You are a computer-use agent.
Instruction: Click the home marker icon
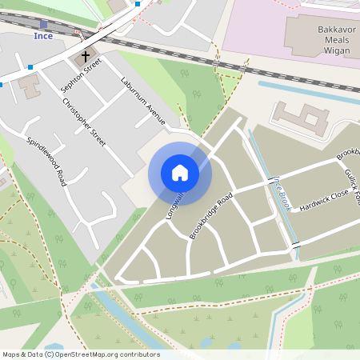click(x=179, y=173)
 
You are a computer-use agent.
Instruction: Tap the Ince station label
click(x=43, y=36)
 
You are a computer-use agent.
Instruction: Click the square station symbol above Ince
click(x=43, y=25)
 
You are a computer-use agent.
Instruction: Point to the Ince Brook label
click(x=282, y=192)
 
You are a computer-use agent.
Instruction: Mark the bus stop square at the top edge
click(x=138, y=4)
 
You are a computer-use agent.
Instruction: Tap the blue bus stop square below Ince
click(x=30, y=67)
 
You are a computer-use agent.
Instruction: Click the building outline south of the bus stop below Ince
click(x=29, y=85)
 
